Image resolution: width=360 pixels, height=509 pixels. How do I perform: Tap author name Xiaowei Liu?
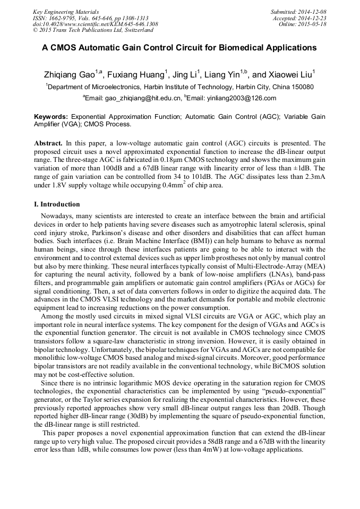289,75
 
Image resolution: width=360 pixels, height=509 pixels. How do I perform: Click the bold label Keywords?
51,116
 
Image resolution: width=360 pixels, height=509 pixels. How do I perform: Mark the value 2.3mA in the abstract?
312,177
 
